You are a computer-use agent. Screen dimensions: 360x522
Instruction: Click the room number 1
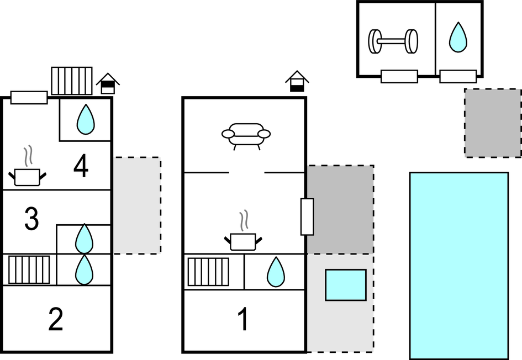(242, 320)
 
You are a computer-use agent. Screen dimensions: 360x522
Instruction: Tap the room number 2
(56, 320)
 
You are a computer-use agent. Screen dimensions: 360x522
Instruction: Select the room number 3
(31, 219)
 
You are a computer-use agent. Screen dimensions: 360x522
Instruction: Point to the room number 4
(81, 166)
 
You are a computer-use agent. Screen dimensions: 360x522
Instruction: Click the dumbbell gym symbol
(393, 41)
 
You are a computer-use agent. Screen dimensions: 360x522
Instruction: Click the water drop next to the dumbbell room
(458, 37)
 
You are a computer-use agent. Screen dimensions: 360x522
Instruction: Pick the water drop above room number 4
(85, 119)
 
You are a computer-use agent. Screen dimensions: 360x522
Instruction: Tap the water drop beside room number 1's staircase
(275, 272)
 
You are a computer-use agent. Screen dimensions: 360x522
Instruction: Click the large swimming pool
(458, 266)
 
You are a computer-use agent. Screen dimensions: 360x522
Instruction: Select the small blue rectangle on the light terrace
(345, 285)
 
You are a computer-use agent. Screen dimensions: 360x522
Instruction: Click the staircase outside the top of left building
(72, 81)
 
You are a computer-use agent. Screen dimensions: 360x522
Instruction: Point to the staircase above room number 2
(29, 269)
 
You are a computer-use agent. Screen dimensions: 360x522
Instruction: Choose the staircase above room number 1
(208, 272)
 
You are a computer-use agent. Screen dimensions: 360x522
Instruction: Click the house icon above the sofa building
(297, 82)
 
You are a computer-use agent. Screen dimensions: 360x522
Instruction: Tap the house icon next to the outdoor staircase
(108, 83)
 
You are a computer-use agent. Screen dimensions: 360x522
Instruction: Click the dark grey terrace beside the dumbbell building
(493, 123)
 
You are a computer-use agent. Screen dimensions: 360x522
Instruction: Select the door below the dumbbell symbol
(399, 76)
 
